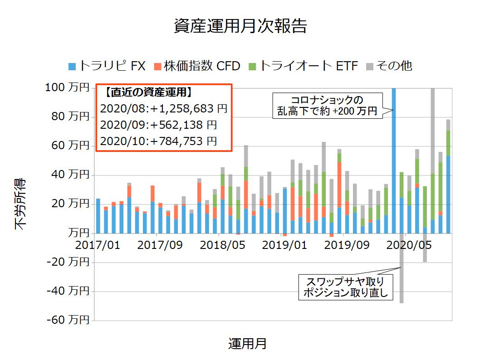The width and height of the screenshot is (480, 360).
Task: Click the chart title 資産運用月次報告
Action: [240, 26]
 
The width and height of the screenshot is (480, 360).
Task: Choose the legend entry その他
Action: [389, 66]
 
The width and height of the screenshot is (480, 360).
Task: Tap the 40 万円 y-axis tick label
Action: [70, 175]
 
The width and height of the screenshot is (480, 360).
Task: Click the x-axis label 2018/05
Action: [223, 245]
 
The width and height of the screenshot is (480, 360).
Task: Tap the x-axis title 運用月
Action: [247, 344]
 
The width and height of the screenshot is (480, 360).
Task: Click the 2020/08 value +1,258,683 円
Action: [163, 109]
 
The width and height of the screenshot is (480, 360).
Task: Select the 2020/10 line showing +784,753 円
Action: [158, 141]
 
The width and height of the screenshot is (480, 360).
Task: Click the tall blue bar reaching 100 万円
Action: [393, 159]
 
